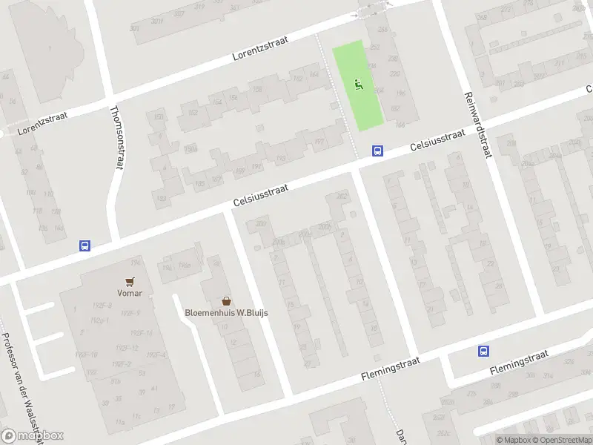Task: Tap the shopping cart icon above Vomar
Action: (x=130, y=281)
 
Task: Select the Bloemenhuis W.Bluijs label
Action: (x=226, y=312)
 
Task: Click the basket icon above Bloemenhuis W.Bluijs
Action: (x=226, y=301)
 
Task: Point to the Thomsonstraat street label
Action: (x=116, y=136)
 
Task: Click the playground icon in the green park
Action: (x=359, y=85)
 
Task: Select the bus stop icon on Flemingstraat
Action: (x=484, y=352)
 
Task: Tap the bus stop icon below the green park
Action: (x=377, y=151)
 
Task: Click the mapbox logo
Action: (x=33, y=435)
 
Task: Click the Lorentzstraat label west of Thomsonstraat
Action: (x=38, y=123)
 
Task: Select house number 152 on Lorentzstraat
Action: (x=193, y=112)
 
